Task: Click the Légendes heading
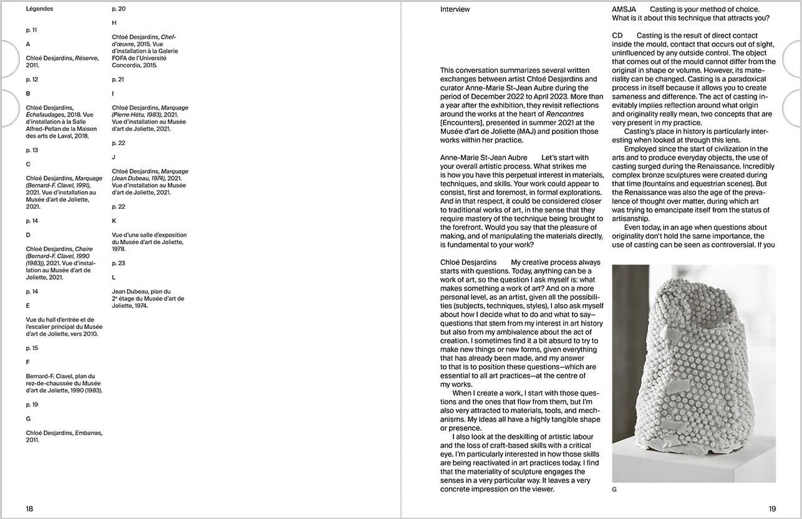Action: click(39, 9)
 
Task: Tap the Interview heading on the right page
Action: click(455, 9)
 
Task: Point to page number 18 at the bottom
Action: click(29, 508)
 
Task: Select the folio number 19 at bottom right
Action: click(772, 508)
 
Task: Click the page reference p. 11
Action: click(32, 30)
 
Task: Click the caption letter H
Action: click(114, 23)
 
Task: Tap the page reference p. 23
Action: click(118, 264)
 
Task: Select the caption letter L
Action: click(114, 277)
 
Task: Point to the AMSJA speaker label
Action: click(624, 9)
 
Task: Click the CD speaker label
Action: click(617, 36)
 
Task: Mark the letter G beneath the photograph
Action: click(614, 490)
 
